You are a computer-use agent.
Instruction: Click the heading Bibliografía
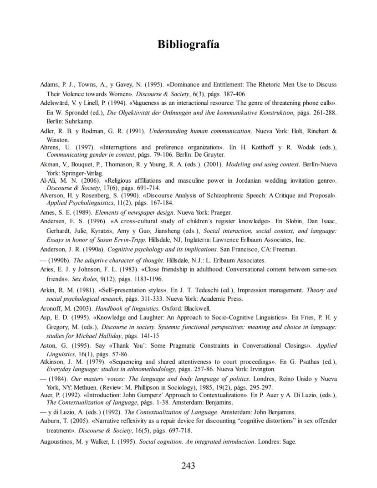point(188,45)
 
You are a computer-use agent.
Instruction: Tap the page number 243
point(188,466)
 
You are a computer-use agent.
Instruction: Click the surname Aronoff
point(51,308)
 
